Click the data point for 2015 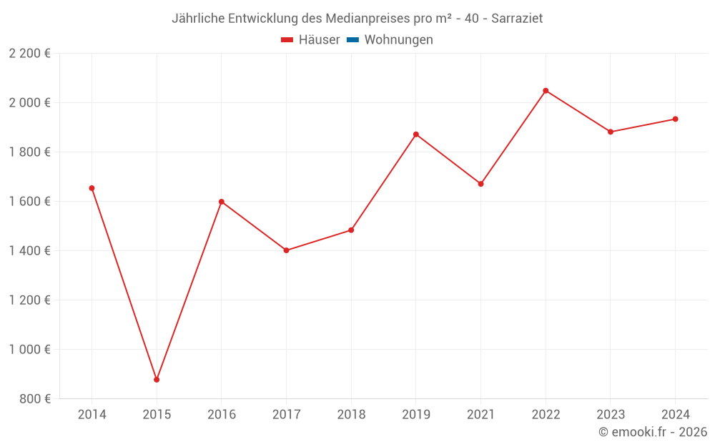point(157,380)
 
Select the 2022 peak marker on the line point(546,91)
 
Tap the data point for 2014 point(92,188)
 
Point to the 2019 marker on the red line point(416,134)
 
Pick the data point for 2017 point(286,250)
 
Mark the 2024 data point point(675,119)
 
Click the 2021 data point point(480,184)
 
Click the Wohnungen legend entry point(398,40)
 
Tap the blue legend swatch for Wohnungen point(352,40)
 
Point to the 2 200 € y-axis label point(29,54)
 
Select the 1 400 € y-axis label point(29,251)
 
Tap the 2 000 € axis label point(29,103)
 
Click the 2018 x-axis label point(351,414)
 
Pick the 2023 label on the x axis point(610,414)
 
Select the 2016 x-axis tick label point(221,414)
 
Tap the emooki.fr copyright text point(653,432)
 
